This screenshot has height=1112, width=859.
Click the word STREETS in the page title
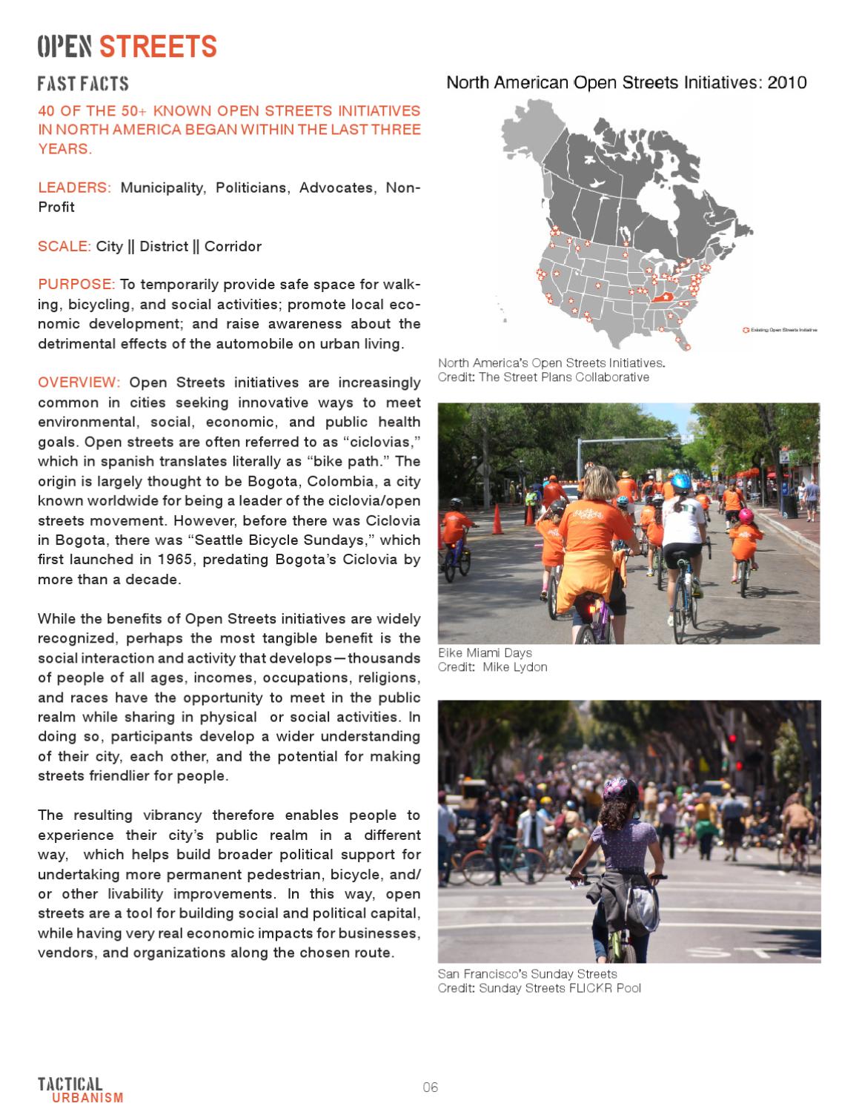[158, 47]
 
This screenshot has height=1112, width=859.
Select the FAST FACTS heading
[83, 84]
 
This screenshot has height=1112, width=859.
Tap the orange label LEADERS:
[74, 188]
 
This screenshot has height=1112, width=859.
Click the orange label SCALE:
[64, 246]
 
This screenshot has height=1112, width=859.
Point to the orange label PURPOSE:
[76, 285]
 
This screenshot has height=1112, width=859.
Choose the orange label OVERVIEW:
[79, 383]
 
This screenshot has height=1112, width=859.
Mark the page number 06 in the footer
[431, 1088]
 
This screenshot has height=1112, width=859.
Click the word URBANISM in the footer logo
[87, 1098]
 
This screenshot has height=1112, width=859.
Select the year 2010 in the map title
[786, 83]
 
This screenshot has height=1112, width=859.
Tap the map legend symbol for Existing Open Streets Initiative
[746, 329]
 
